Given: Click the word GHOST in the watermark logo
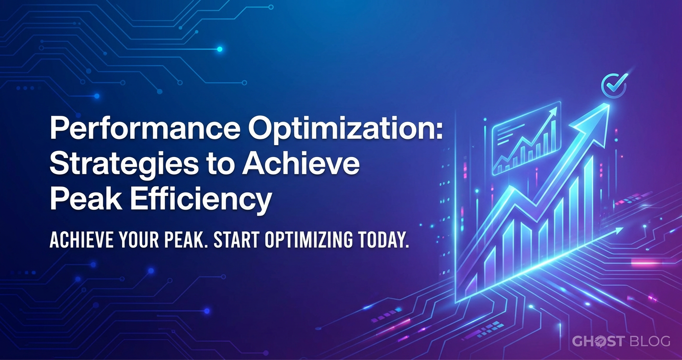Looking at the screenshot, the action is [x=598, y=341].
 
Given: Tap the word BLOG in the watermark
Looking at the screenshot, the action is [x=649, y=341].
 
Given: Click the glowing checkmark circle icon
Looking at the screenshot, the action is [x=614, y=85].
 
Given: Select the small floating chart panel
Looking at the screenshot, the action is [x=526, y=138].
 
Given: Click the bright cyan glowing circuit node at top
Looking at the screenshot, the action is [x=219, y=49].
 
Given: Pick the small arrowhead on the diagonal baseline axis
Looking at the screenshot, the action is [x=618, y=231].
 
